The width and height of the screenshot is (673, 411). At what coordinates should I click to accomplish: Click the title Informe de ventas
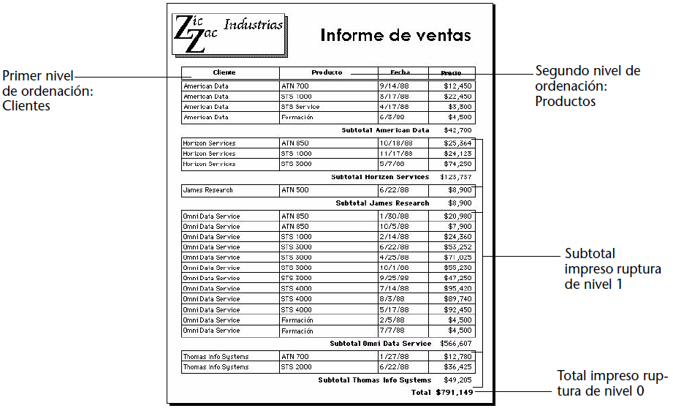coord(395,35)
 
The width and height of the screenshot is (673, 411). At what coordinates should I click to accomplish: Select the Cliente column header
coord(224,72)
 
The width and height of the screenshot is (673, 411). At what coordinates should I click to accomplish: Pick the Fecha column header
coord(400,72)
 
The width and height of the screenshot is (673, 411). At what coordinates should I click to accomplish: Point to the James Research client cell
coord(208,190)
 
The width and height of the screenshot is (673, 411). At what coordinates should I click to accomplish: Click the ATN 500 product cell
coord(295,190)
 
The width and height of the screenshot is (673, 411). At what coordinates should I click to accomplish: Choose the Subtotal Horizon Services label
coord(380,177)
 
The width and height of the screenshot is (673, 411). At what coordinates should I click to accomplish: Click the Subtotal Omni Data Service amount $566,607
coord(456,343)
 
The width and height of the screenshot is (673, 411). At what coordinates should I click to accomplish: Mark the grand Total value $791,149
coord(455,393)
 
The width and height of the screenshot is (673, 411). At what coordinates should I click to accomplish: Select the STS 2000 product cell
coord(297,367)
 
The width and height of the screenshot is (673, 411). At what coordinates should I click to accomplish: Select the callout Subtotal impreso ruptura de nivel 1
coord(612,269)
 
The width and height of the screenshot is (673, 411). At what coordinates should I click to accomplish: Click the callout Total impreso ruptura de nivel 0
coord(612,383)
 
